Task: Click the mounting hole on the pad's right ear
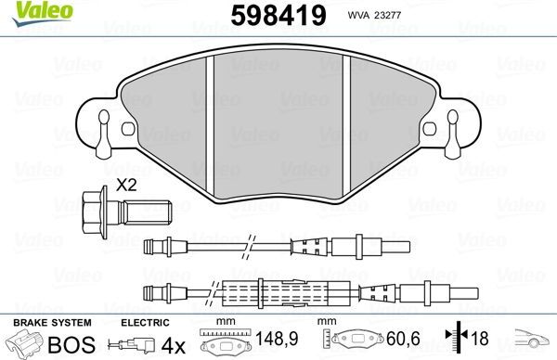pyautogui.click(x=454, y=120)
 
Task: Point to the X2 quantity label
pyautogui.click(x=127, y=185)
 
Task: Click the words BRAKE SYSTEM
pyautogui.click(x=51, y=321)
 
